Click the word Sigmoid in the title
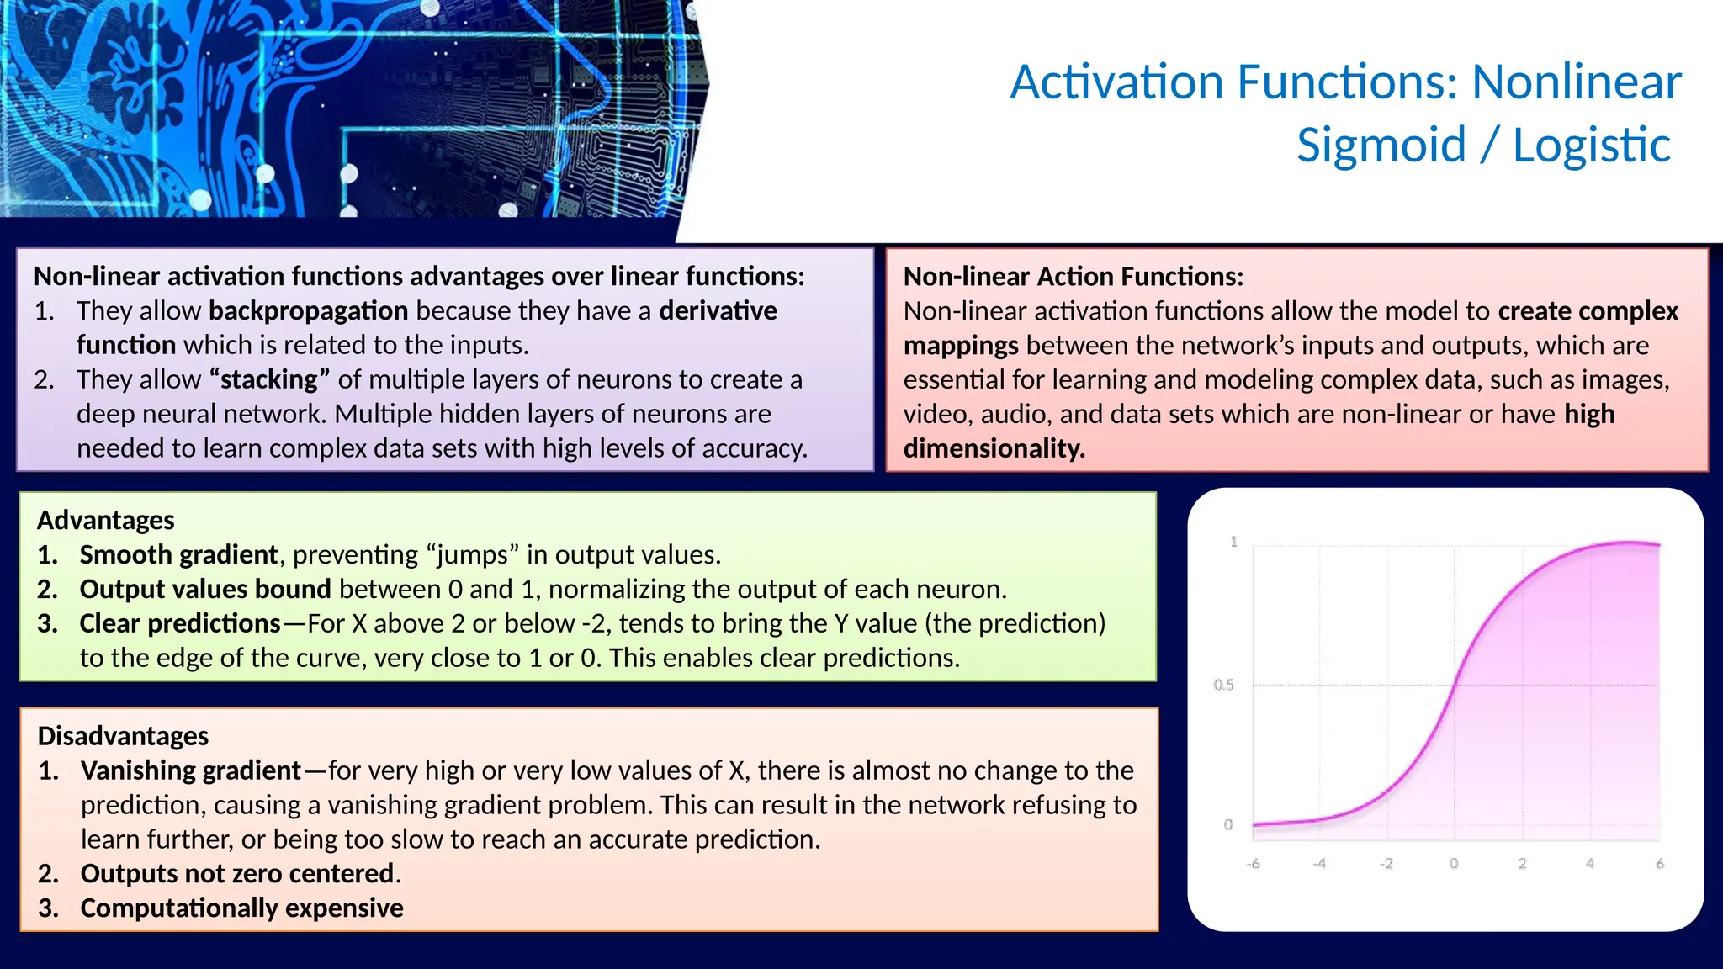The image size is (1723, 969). (x=1381, y=145)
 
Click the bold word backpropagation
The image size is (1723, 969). (x=308, y=310)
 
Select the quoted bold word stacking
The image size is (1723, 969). (x=269, y=379)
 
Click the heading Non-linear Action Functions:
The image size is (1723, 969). (x=1073, y=276)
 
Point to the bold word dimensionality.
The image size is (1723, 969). (x=993, y=448)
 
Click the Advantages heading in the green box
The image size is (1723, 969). (x=106, y=520)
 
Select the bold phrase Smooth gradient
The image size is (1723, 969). (x=178, y=554)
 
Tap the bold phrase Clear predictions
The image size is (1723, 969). (x=180, y=623)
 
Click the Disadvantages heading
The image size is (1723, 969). (x=123, y=736)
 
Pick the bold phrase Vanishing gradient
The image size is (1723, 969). (x=190, y=770)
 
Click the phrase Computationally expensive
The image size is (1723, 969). (x=241, y=908)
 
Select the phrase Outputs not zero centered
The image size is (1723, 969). (x=237, y=873)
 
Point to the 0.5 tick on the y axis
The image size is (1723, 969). (x=1223, y=685)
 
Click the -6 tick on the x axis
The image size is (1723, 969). (x=1253, y=864)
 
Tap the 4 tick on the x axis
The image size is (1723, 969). (x=1589, y=864)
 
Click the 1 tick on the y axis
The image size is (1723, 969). (x=1233, y=542)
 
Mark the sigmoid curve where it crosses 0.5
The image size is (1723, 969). (x=1454, y=685)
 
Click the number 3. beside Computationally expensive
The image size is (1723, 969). (x=48, y=908)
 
